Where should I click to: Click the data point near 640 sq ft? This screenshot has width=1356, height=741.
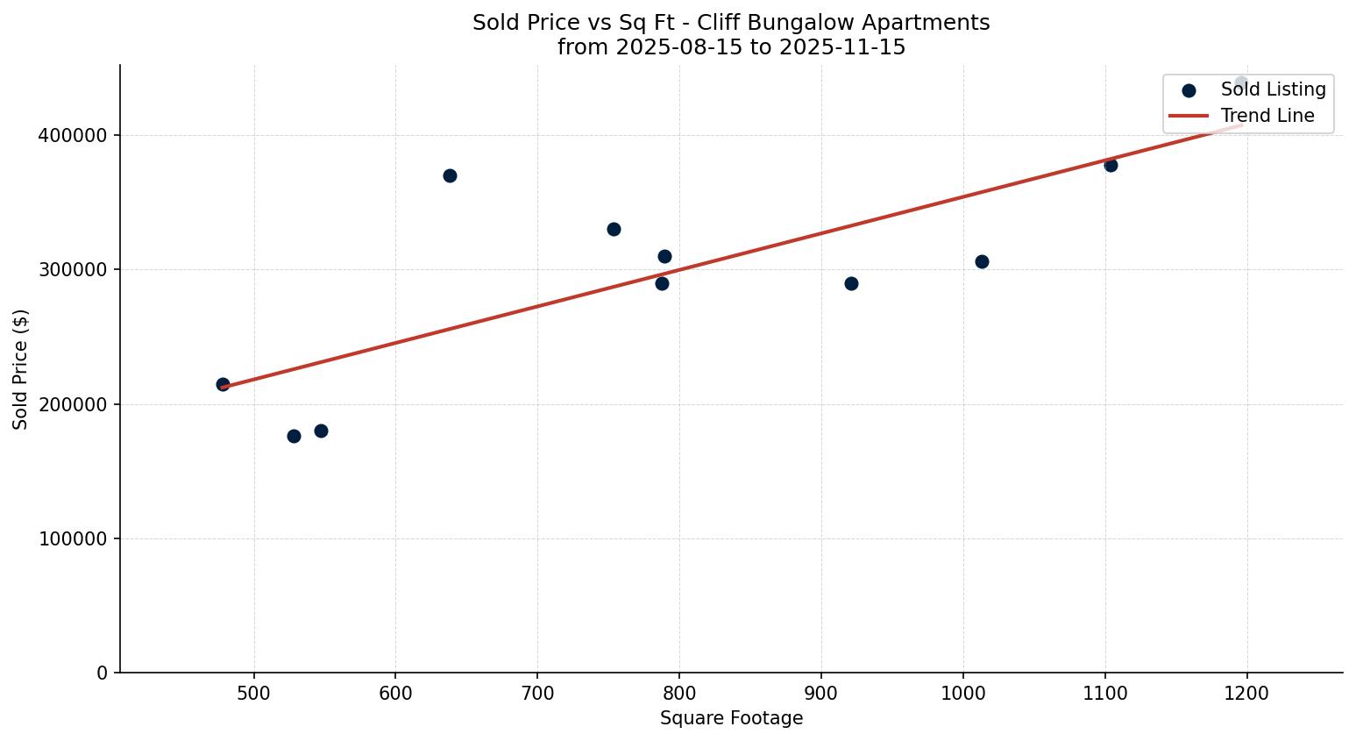pos(450,175)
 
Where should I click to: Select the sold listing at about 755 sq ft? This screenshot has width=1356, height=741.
pos(614,229)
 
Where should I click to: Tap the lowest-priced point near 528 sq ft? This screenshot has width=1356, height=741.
pos(294,436)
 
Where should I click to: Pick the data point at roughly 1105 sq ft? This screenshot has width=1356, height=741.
pos(1111,165)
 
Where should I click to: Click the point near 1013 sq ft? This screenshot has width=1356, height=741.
pos(982,261)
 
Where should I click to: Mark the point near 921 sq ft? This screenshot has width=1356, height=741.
pos(851,283)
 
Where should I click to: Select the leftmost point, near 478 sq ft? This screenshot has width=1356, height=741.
pos(223,384)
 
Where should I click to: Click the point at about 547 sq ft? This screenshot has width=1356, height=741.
pos(321,431)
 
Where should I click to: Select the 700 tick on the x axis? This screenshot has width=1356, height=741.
pos(537,694)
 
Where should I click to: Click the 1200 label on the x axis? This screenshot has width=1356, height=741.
pos(1246,694)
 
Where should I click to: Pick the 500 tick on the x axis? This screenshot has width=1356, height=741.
pos(253,694)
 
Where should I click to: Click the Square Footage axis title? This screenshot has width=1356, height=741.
pos(731,719)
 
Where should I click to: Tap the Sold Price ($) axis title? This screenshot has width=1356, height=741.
pos(21,369)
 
